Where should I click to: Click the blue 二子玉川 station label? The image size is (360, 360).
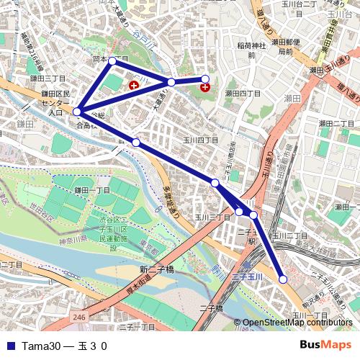(249, 276)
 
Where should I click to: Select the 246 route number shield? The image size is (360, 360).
(79, 316)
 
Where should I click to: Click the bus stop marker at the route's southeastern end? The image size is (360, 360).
(283, 279)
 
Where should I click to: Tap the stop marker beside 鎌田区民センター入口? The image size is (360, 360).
(77, 112)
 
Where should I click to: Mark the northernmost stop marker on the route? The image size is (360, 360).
(112, 61)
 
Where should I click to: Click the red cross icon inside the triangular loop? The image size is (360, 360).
(133, 86)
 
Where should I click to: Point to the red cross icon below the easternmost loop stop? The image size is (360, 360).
(205, 88)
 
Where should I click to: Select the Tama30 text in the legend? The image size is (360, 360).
(40, 346)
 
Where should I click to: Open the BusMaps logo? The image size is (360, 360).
(325, 345)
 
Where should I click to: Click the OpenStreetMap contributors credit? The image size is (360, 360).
(297, 323)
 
